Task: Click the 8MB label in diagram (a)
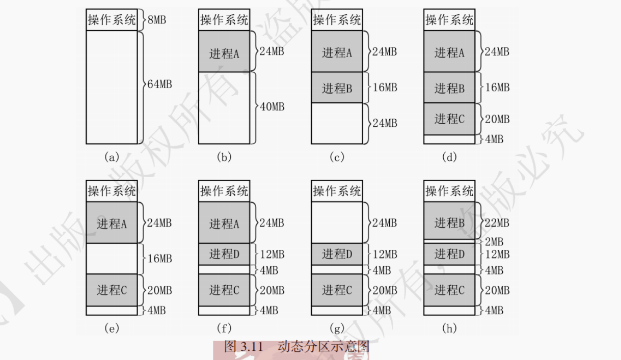pyautogui.click(x=157, y=20)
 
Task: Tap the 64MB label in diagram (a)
pyautogui.click(x=159, y=85)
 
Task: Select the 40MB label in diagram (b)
pyautogui.click(x=272, y=107)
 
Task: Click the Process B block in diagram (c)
pyautogui.click(x=337, y=88)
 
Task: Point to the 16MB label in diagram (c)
pyautogui.click(x=385, y=88)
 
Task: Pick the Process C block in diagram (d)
pyautogui.click(x=449, y=119)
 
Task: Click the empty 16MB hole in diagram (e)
pyautogui.click(x=112, y=259)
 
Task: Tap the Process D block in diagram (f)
pyautogui.click(x=224, y=254)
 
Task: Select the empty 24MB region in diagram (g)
pyautogui.click(x=337, y=223)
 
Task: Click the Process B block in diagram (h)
pyautogui.click(x=449, y=222)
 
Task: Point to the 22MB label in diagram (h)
pyautogui.click(x=497, y=223)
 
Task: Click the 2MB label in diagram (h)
pyautogui.click(x=494, y=242)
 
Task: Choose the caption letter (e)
pyautogui.click(x=111, y=328)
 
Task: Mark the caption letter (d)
pyautogui.click(x=449, y=157)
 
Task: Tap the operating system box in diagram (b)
pyautogui.click(x=224, y=20)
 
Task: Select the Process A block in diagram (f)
pyautogui.click(x=224, y=223)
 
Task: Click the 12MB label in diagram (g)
pyautogui.click(x=385, y=254)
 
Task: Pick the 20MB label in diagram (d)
pyautogui.click(x=497, y=119)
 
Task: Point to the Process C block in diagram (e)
pyautogui.click(x=112, y=290)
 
